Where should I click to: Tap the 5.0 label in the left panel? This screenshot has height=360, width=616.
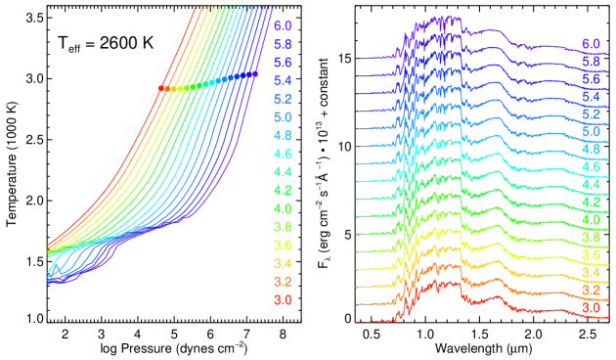[283, 117]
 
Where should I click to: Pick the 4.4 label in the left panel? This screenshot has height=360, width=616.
[283, 172]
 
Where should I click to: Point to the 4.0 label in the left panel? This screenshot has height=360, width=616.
[283, 208]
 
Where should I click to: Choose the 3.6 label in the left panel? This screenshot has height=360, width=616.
[283, 245]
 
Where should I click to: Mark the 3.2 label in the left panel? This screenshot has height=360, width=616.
[283, 282]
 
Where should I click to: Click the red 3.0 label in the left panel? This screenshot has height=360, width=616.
[283, 299]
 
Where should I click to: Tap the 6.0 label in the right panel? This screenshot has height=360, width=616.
[591, 44]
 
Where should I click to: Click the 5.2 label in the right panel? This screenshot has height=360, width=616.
[591, 113]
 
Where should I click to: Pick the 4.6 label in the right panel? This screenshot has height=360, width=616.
[591, 166]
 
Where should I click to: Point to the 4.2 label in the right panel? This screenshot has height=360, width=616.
[591, 202]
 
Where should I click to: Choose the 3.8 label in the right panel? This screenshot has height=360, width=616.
[591, 237]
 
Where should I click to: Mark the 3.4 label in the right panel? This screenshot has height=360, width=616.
[591, 272]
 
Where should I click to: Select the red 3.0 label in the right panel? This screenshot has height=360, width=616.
[591, 307]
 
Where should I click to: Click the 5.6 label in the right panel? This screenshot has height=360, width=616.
[591, 79]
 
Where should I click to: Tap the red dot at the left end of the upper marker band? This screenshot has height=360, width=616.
[161, 89]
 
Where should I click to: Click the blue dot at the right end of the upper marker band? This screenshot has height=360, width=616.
[255, 73]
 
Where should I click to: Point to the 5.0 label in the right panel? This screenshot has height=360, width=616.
[591, 131]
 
